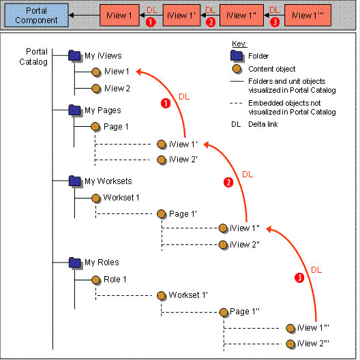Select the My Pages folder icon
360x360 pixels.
click(75, 110)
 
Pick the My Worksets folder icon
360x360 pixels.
click(75, 181)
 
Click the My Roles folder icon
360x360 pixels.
click(75, 262)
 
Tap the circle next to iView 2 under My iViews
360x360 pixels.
click(97, 88)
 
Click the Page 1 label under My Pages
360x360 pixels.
click(116, 127)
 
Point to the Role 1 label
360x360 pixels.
click(115, 280)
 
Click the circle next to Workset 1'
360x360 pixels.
click(162, 296)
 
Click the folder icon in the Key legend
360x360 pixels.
click(238, 56)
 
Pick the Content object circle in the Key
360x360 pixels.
click(238, 68)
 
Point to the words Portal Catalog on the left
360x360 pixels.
click(36, 57)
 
